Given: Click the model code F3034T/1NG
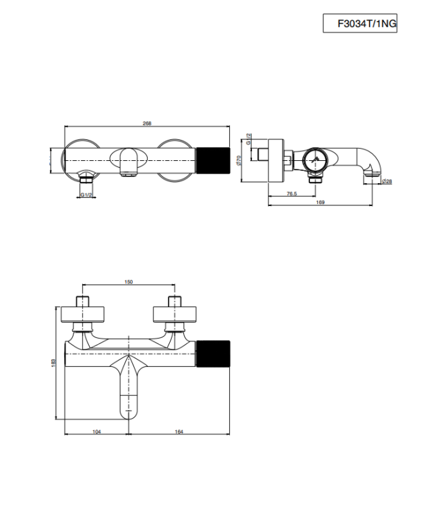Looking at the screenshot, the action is coord(367,24).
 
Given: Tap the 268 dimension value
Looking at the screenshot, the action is coord(147,123).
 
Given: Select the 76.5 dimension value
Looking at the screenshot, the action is coord(292,193).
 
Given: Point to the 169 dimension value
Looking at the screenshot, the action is coord(320,202).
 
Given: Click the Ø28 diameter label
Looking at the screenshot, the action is coord(387,181).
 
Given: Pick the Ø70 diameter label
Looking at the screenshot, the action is coord(239,160).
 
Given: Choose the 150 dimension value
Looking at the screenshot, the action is coord(129,282).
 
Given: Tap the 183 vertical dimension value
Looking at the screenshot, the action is coord(53,363).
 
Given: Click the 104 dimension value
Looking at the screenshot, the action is coord(96,432).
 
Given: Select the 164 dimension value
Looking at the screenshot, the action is coord(179,432).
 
